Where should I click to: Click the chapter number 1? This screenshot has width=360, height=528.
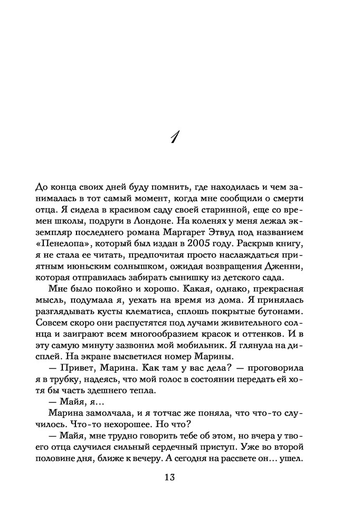[x=176, y=138]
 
